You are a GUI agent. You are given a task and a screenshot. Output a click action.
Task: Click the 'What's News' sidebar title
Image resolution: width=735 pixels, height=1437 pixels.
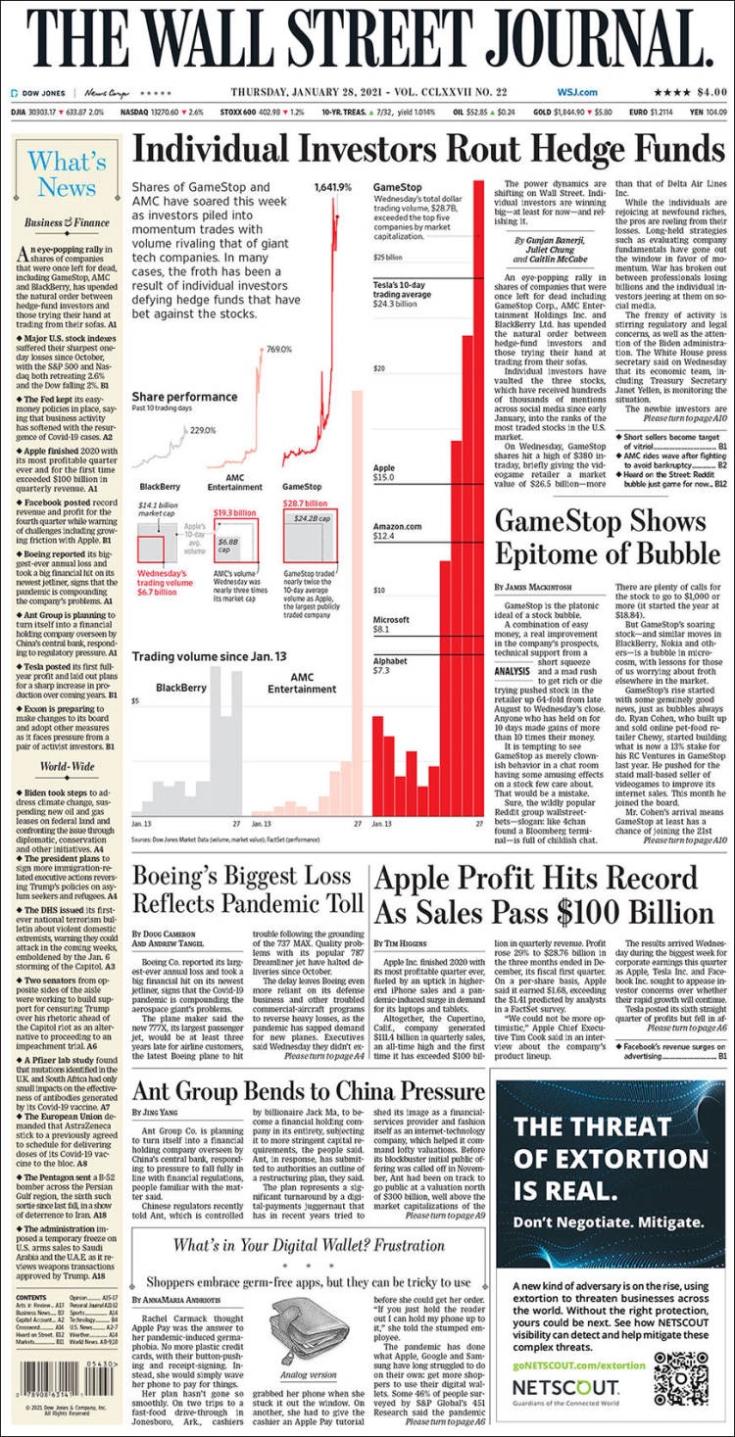pyautogui.click(x=67, y=174)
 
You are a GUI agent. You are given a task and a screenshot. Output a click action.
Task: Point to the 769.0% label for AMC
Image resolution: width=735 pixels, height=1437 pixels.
pyautogui.click(x=279, y=350)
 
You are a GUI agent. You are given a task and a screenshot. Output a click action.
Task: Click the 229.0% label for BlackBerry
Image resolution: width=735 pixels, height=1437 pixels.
pyautogui.click(x=203, y=429)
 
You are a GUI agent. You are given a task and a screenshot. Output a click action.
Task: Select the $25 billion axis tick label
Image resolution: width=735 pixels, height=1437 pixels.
pyautogui.click(x=389, y=258)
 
